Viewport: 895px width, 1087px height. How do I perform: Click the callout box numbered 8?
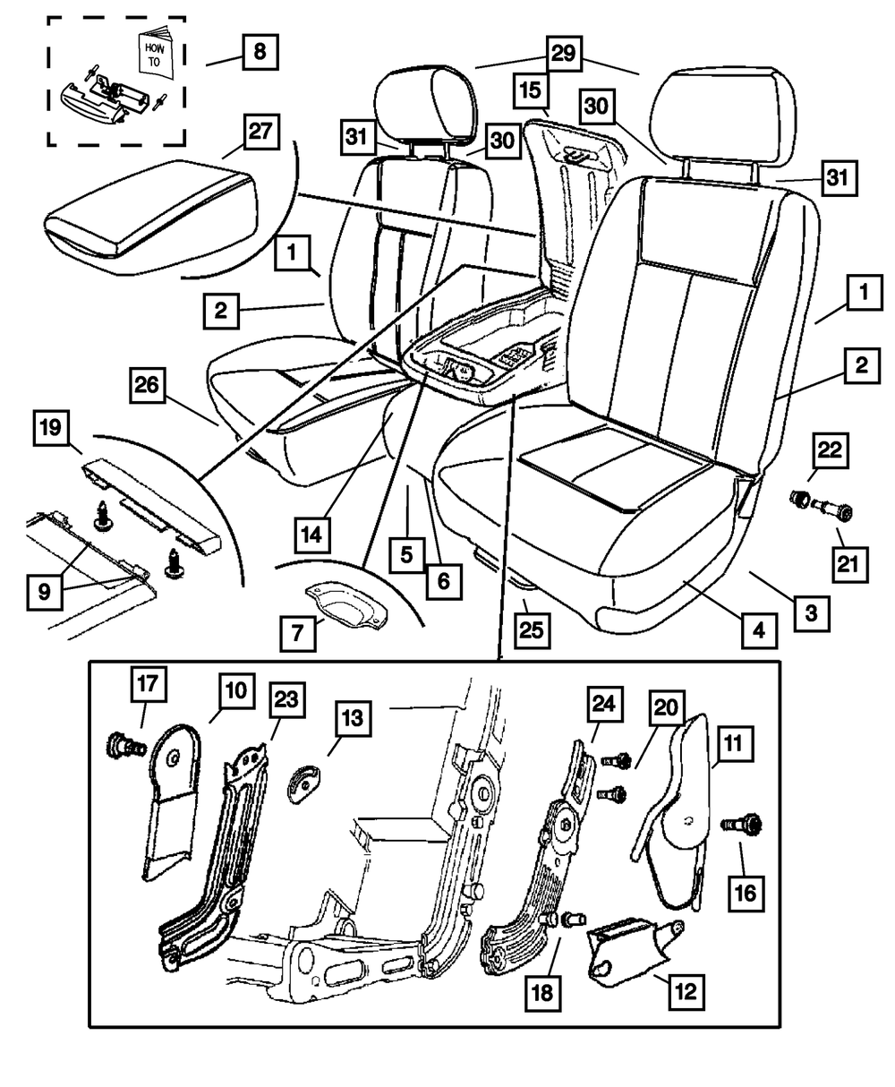click(x=260, y=51)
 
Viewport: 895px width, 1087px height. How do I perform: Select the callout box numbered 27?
click(x=259, y=133)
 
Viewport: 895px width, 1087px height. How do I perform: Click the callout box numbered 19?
click(x=53, y=428)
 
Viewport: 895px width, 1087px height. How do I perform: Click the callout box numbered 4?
click(x=758, y=630)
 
